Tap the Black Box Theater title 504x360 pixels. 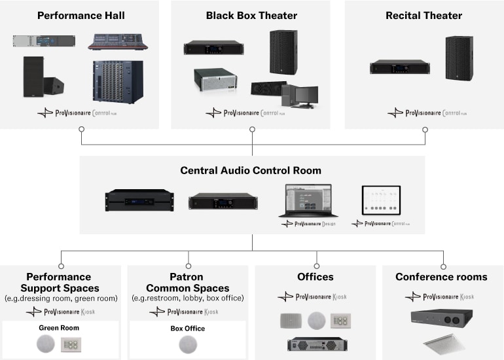251,15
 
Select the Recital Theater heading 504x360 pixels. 423,15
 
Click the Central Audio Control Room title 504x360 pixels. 251,171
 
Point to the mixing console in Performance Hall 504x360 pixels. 118,42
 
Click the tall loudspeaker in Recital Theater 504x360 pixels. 459,58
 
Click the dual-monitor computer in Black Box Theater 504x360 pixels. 299,97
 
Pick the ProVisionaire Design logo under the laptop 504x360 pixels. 307,223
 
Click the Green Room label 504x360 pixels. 60,328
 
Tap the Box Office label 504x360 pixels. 187,328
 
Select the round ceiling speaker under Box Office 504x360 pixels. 188,344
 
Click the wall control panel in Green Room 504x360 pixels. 70,344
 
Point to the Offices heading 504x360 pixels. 315,277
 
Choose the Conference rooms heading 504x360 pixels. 441,277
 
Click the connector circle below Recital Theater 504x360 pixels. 425,130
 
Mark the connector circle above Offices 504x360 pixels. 316,266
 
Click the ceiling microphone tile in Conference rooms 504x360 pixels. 442,344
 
